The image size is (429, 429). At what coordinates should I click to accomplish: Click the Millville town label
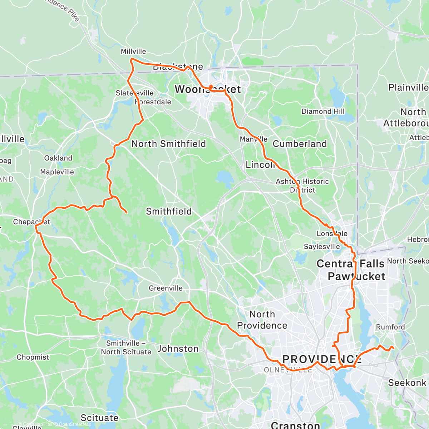[133, 51]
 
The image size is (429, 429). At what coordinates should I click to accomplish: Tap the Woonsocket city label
[207, 89]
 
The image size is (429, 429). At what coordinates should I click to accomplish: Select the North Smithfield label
[169, 144]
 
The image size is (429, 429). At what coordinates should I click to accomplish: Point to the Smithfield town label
[169, 211]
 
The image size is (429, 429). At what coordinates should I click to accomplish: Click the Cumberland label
[300, 144]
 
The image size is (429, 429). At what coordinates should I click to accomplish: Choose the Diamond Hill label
[323, 112]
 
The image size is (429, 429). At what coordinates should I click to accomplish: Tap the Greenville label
[166, 288]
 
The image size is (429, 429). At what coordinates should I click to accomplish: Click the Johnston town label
[178, 349]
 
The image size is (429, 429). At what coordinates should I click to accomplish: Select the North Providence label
[262, 320]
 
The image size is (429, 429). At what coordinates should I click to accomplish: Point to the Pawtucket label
[356, 276]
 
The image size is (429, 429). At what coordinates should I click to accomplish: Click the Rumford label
[390, 327]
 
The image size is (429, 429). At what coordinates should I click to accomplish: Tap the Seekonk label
[407, 383]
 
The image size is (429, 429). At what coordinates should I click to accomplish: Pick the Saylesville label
[322, 247]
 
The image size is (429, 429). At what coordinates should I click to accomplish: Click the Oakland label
[58, 158]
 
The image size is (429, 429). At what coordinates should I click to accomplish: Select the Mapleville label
[57, 172]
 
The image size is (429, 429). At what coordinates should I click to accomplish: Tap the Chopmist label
[33, 357]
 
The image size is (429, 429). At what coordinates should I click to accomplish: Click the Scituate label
[99, 418]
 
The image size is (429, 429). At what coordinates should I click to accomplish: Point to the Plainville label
[408, 88]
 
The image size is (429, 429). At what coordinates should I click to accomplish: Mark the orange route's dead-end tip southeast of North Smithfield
[127, 213]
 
